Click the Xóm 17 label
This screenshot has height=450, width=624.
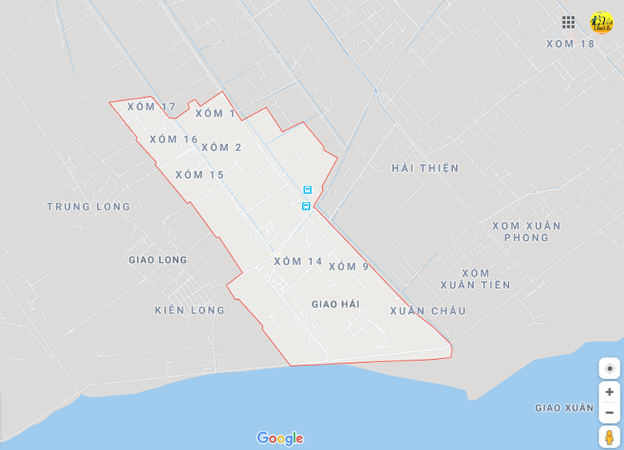click(x=152, y=107)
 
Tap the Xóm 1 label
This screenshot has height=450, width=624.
click(x=215, y=113)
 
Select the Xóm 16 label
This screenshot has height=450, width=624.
click(x=173, y=139)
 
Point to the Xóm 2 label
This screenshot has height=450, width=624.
click(x=221, y=147)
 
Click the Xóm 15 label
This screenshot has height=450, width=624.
click(x=200, y=175)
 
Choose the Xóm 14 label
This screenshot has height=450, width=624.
click(x=298, y=261)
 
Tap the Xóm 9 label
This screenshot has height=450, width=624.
click(x=349, y=267)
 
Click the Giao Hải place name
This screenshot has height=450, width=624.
click(x=335, y=304)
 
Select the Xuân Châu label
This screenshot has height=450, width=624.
click(x=428, y=311)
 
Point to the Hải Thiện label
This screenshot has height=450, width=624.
click(x=424, y=168)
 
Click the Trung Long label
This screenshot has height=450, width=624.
click(x=89, y=207)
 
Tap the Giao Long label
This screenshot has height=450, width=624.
click(x=157, y=260)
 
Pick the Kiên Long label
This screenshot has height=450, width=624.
click(x=190, y=311)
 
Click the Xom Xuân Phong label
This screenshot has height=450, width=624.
click(x=527, y=231)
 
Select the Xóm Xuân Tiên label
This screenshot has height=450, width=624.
click(x=475, y=279)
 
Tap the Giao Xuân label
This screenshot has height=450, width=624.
click(x=564, y=408)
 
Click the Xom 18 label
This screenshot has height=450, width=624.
click(x=571, y=44)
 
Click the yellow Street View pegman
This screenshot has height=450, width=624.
click(x=609, y=437)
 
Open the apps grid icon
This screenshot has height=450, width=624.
click(x=569, y=22)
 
